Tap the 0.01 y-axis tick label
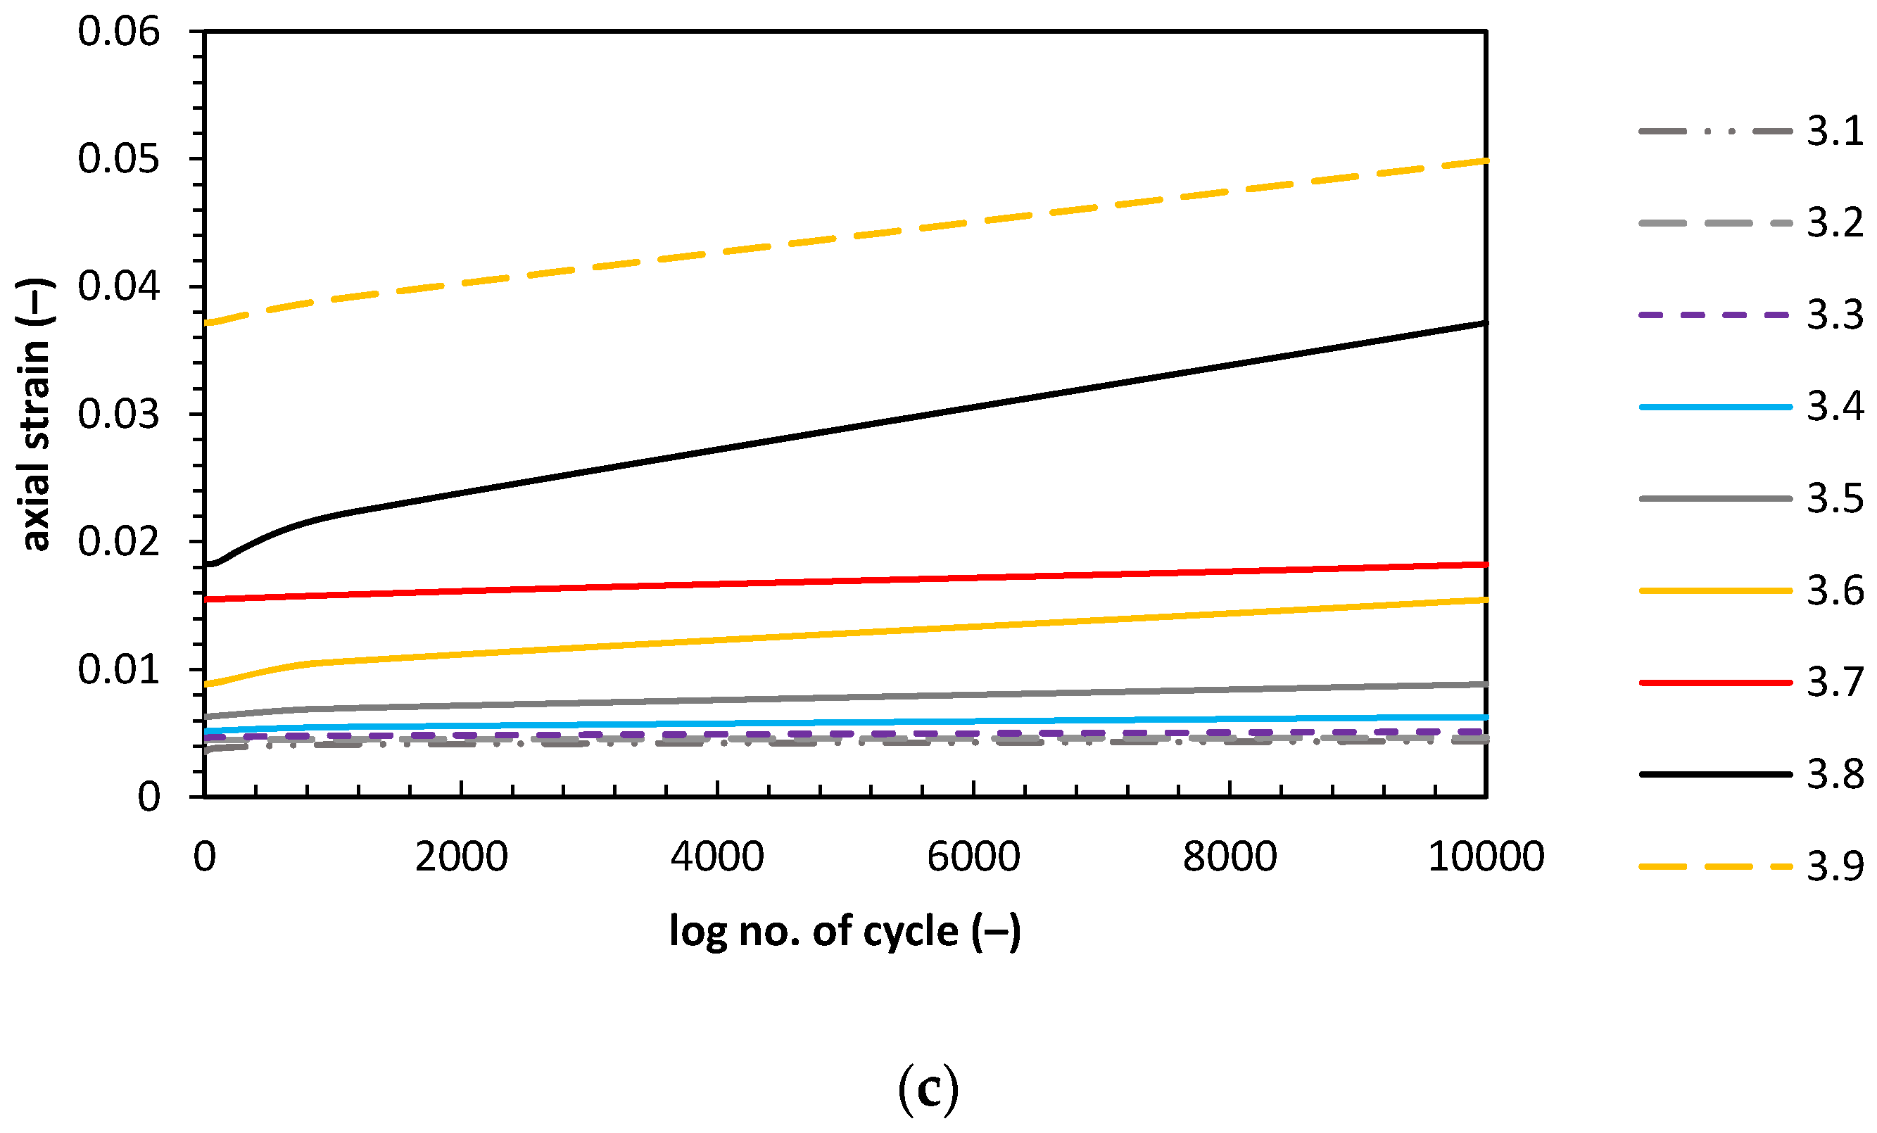(119, 669)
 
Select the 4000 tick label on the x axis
(717, 856)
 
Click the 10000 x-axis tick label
(1486, 856)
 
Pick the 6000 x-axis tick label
(973, 856)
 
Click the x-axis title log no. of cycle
(845, 931)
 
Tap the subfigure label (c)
(927, 1090)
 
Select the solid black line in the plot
(838, 430)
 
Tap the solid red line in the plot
(838, 581)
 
